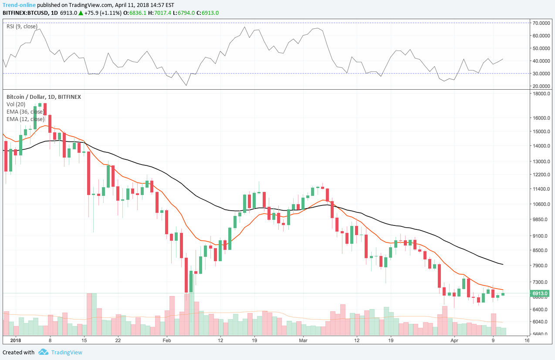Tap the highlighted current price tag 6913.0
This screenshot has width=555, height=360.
[540, 293]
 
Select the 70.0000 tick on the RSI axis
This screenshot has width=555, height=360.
[541, 23]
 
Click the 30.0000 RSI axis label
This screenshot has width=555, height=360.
[541, 74]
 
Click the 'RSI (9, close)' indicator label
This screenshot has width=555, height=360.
[22, 27]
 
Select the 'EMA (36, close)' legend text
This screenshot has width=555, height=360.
[25, 111]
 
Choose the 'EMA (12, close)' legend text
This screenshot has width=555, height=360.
[25, 119]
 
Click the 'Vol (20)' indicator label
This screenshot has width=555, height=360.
[16, 104]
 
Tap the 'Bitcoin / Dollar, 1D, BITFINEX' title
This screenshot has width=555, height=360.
[43, 97]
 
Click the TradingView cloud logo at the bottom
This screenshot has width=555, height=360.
[43, 352]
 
